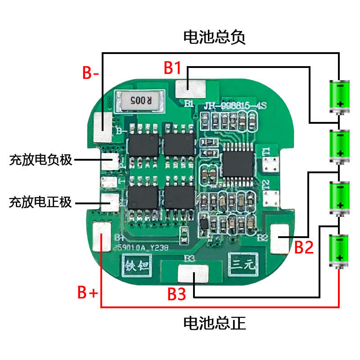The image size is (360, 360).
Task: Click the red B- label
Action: [91, 73]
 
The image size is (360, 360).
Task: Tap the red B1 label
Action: [173, 68]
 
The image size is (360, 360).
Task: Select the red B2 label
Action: [303, 247]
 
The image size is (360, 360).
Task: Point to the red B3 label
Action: [176, 294]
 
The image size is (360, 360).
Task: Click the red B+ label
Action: [87, 292]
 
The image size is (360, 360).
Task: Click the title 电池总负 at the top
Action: [214, 37]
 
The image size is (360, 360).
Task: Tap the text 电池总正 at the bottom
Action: [214, 323]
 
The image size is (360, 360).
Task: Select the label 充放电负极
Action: [40, 160]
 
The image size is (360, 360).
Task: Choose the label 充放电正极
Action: [40, 202]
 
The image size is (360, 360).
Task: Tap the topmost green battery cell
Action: [340, 96]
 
